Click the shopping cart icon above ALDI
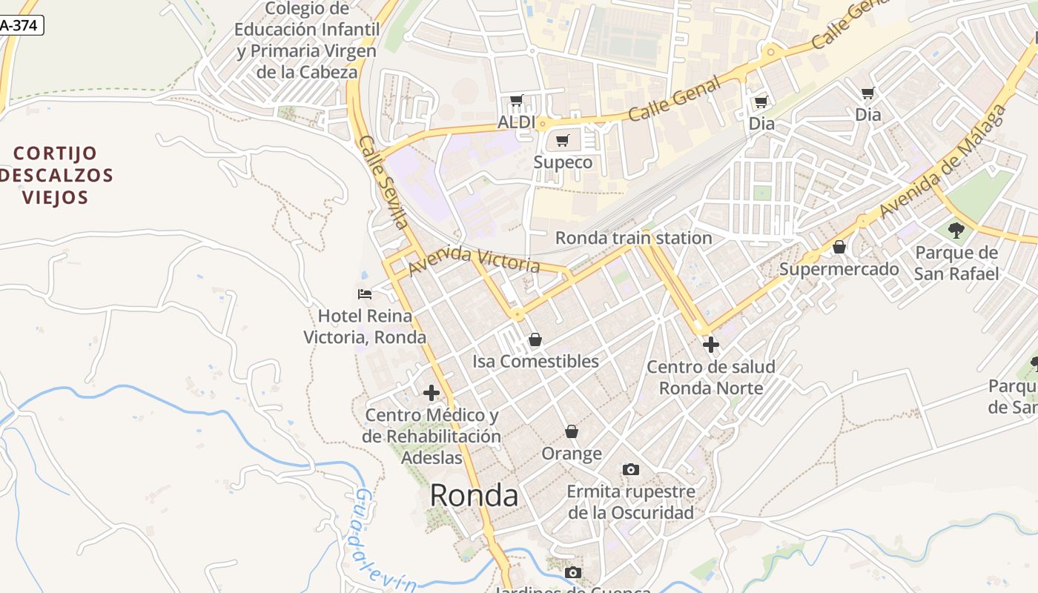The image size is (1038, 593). (x=517, y=101)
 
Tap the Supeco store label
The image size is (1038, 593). (x=563, y=162)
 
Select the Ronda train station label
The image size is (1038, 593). (x=633, y=238)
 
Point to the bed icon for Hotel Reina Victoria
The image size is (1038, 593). (x=365, y=294)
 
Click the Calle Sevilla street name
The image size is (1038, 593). (x=383, y=182)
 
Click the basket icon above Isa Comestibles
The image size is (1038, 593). (x=535, y=340)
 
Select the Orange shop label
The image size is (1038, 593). (x=572, y=453)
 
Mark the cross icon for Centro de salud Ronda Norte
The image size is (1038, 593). (x=711, y=345)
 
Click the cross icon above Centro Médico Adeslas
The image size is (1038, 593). (x=432, y=393)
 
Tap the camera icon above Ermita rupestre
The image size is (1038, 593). (x=631, y=469)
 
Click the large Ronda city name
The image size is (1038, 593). (x=474, y=495)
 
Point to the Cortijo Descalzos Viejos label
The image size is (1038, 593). (x=56, y=175)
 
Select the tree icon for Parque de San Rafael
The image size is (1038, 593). (x=956, y=231)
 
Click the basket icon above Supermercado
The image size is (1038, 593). (x=839, y=247)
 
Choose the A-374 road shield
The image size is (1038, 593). (x=21, y=25)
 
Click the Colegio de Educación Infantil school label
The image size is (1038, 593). (x=307, y=40)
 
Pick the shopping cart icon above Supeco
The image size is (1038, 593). (x=563, y=140)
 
